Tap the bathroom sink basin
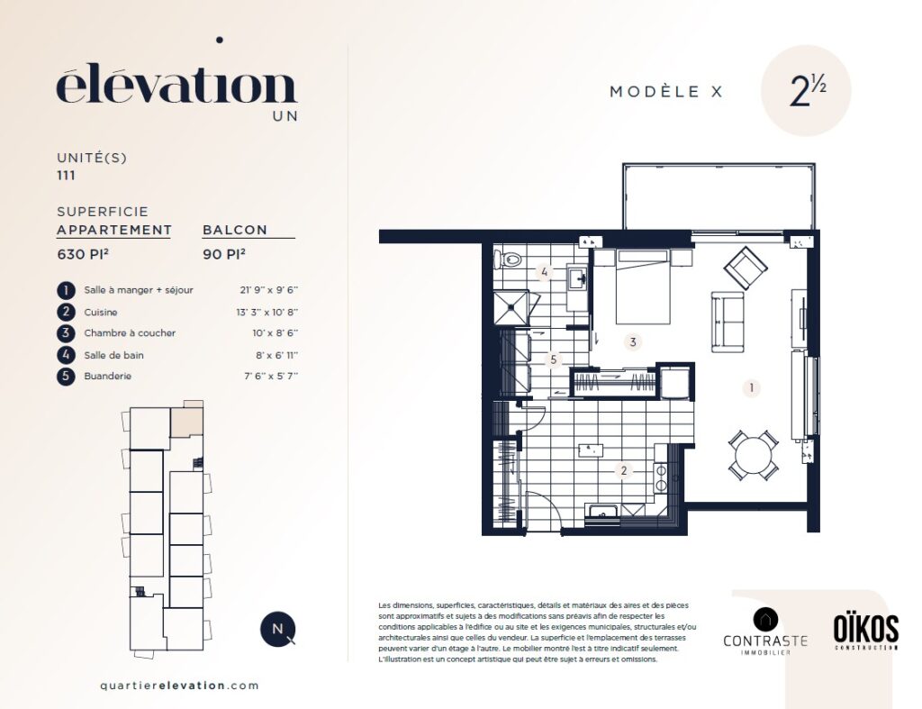577,277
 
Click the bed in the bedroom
643,286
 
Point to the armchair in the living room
745,268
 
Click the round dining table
754,454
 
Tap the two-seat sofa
728,322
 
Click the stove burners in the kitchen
661,477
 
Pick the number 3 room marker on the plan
633,341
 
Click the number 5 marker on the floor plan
553,359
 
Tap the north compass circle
277,629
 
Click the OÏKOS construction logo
865,632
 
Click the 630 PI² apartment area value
83,254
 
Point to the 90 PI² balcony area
224,254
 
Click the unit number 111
66,176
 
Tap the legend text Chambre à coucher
130,333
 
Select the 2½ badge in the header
806,91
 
